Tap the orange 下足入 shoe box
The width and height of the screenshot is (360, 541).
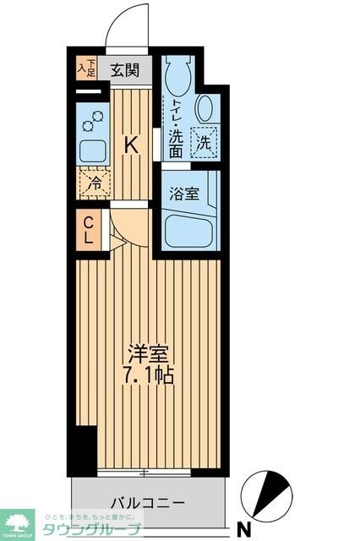86,66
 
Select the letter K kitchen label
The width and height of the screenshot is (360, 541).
131,145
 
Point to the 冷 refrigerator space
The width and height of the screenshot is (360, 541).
95,180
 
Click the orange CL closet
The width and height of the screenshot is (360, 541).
88,230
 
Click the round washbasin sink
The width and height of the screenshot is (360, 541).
205,109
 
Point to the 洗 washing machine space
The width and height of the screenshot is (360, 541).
204,143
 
